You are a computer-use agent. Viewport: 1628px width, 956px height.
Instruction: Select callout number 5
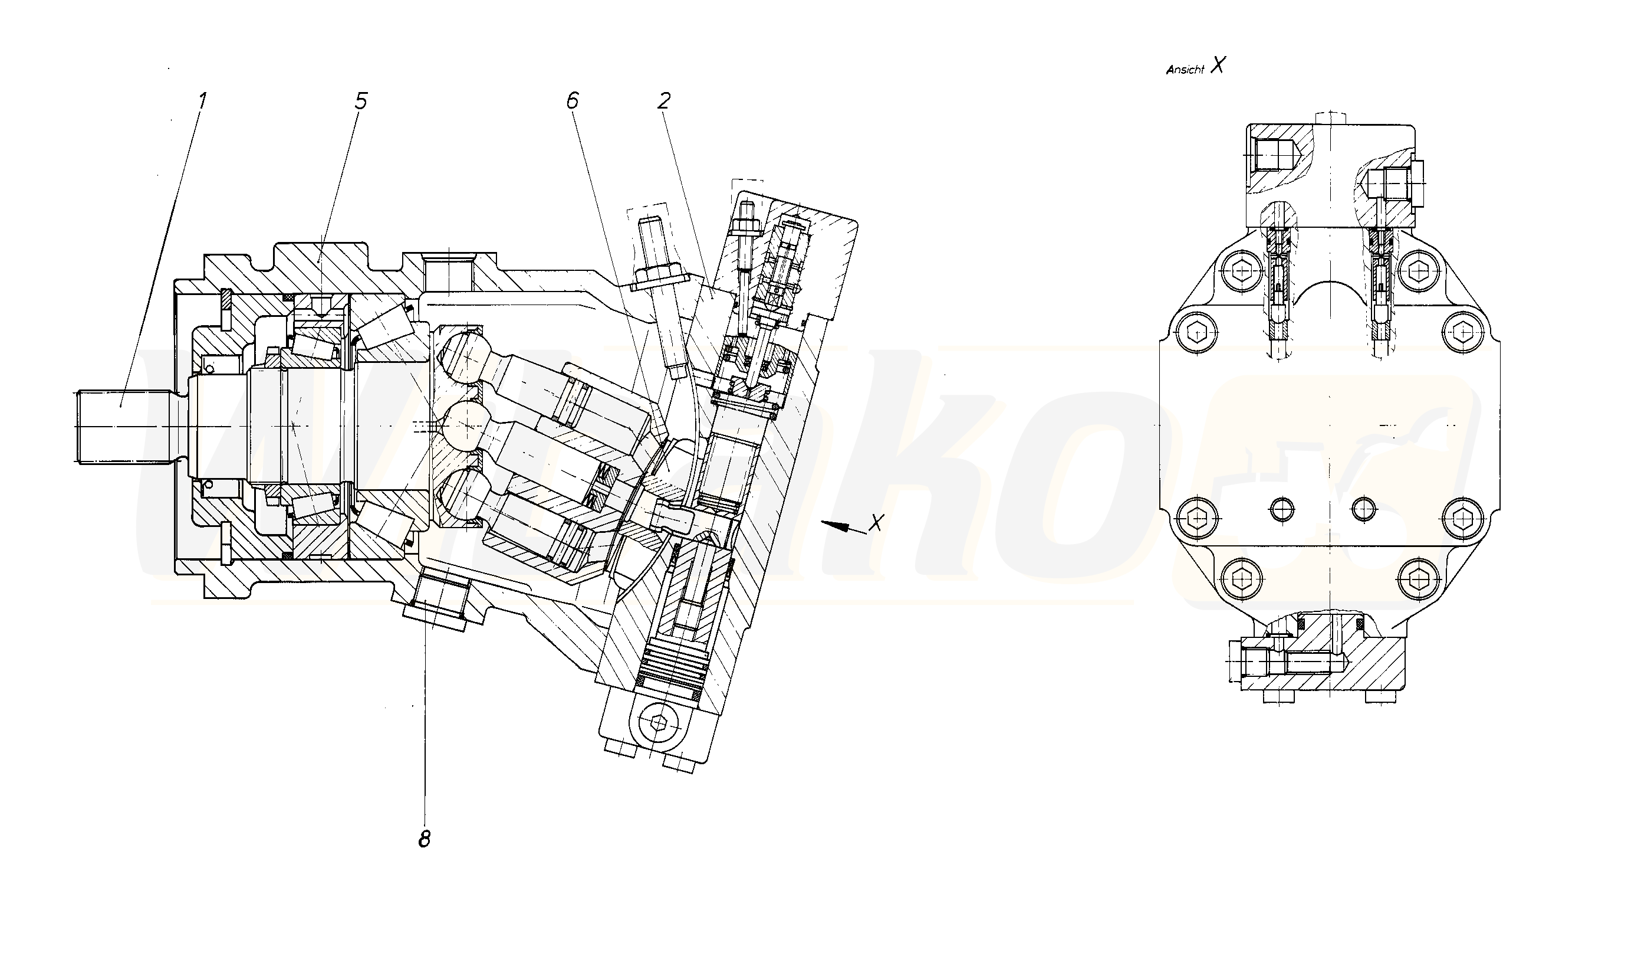pyautogui.click(x=360, y=102)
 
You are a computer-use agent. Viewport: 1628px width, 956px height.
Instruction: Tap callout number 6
pyautogui.click(x=572, y=101)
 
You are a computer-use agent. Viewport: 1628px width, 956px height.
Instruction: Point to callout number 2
pyautogui.click(x=664, y=101)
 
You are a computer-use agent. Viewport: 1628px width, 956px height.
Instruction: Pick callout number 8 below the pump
pyautogui.click(x=424, y=839)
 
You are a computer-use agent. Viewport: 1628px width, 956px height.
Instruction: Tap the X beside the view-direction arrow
pyautogui.click(x=876, y=522)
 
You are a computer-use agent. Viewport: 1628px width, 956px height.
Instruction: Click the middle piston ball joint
pyautogui.click(x=466, y=424)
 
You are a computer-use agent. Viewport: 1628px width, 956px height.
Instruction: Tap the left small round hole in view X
pyautogui.click(x=1282, y=509)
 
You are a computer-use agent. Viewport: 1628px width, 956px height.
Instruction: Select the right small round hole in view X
pyautogui.click(x=1363, y=509)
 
